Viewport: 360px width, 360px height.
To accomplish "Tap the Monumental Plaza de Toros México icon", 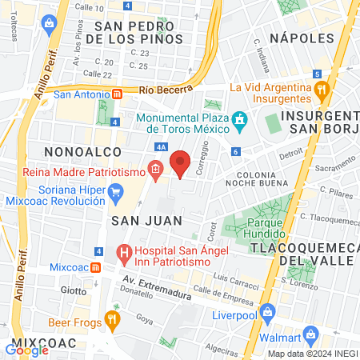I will tap(238, 121).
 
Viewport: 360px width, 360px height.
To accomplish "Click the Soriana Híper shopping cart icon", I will tap(116, 192).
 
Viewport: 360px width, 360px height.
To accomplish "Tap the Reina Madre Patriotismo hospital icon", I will tap(155, 170).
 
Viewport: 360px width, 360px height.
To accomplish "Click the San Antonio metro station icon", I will tap(117, 94).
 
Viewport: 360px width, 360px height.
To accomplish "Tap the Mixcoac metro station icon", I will tap(94, 266).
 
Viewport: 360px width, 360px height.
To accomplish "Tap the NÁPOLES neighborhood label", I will tap(302, 38).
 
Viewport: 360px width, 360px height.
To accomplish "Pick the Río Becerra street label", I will tap(162, 91).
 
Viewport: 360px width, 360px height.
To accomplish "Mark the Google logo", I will tap(27, 348).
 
